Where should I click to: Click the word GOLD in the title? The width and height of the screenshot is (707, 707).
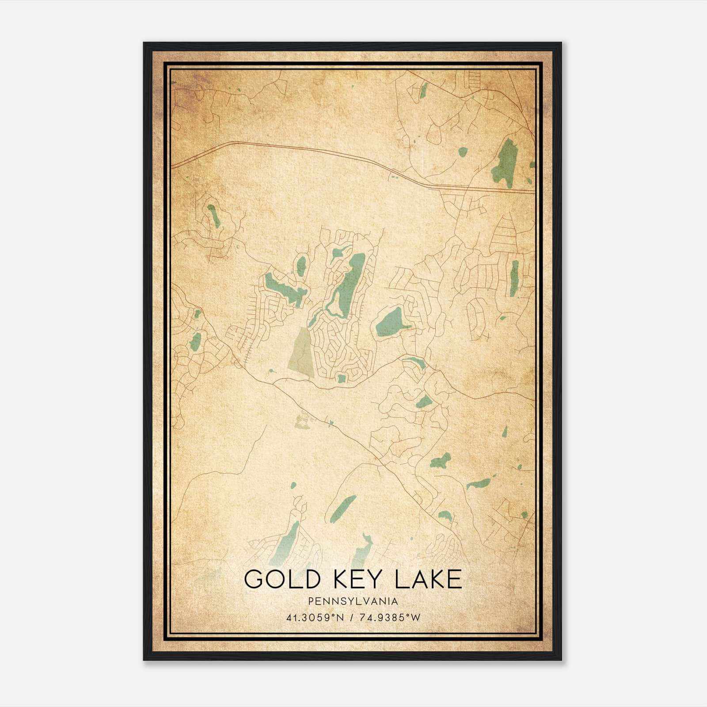(x=281, y=579)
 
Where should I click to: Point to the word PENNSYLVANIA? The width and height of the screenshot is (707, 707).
(x=353, y=601)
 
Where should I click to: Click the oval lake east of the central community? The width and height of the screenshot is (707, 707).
(x=390, y=322)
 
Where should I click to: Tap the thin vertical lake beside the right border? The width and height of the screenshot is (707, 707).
(x=514, y=278)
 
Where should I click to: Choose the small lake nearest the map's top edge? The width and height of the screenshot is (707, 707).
(x=423, y=90)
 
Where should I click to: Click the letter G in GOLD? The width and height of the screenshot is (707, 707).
(x=253, y=579)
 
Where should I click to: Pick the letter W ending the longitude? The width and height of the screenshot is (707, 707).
(x=415, y=618)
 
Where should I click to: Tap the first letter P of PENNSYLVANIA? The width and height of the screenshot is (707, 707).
(x=311, y=601)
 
